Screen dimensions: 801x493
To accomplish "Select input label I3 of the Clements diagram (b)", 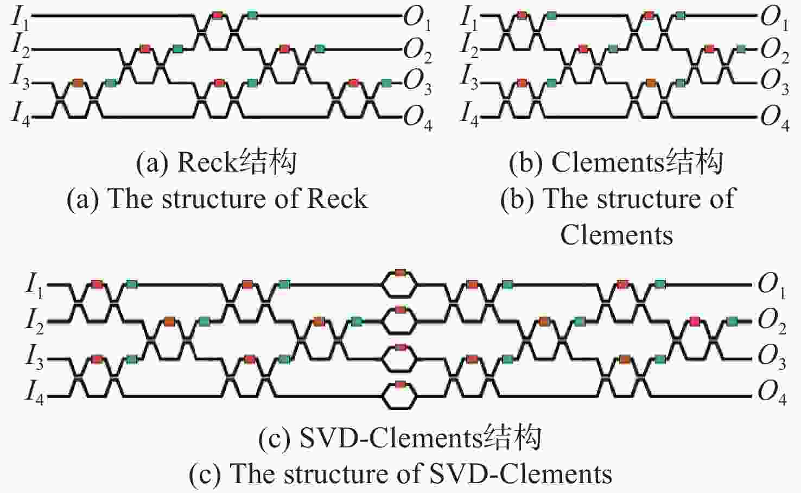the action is click(x=469, y=79).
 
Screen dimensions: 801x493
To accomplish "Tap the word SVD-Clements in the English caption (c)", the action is click(x=520, y=473).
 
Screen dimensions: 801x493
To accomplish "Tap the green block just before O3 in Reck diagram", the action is click(x=386, y=84).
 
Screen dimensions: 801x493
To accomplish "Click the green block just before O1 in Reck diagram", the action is click(x=252, y=15).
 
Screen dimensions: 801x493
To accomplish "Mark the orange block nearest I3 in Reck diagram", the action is click(x=78, y=84).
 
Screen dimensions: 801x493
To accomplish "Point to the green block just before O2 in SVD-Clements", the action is click(x=732, y=321).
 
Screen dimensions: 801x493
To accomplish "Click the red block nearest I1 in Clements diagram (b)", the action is click(x=522, y=15).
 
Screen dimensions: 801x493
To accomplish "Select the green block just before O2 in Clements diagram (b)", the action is click(x=741, y=49).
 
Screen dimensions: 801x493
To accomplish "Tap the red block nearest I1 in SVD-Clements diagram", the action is click(x=97, y=285).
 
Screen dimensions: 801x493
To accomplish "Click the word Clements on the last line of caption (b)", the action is click(x=616, y=235).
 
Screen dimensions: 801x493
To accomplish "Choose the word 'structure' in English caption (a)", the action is click(x=213, y=199).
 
